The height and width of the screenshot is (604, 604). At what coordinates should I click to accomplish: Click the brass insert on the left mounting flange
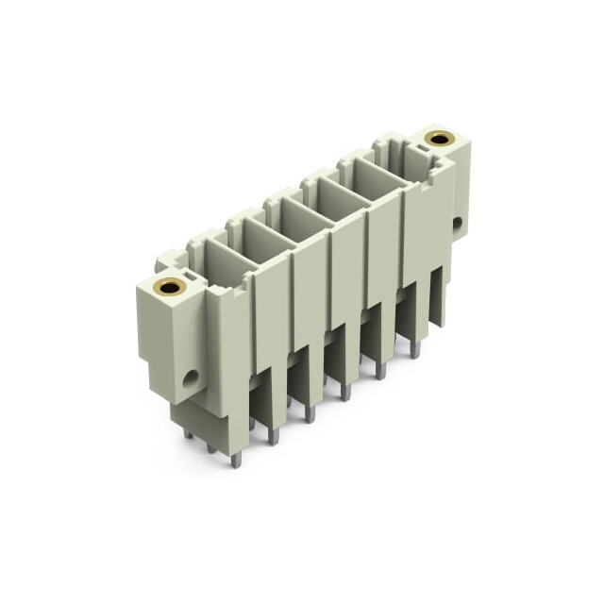pyautogui.click(x=170, y=287)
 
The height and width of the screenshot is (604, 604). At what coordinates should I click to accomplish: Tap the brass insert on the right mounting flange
pyautogui.click(x=439, y=138)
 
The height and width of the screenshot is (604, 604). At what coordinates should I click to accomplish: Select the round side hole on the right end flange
pyautogui.click(x=458, y=224)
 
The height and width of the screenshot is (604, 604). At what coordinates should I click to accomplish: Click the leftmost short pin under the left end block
pyautogui.click(x=188, y=434)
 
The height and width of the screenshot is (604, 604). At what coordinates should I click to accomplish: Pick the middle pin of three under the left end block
pyautogui.click(x=210, y=446)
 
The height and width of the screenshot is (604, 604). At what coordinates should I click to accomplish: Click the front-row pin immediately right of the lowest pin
pyautogui.click(x=273, y=435)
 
